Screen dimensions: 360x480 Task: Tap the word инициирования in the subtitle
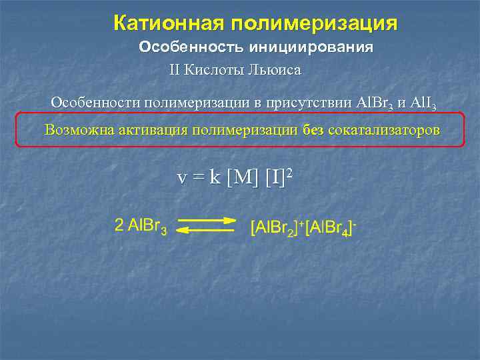[x=311, y=48]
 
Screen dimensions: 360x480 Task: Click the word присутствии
[x=313, y=103]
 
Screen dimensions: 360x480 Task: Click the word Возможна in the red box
[x=77, y=129]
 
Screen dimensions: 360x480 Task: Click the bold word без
[x=313, y=129]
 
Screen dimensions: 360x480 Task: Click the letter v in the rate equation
[x=181, y=179]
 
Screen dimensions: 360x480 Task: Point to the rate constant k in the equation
[x=215, y=178]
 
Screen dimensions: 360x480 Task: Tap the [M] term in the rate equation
[x=243, y=179]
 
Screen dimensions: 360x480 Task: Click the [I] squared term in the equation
[x=279, y=178]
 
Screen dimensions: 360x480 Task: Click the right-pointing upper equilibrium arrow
[x=207, y=219]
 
